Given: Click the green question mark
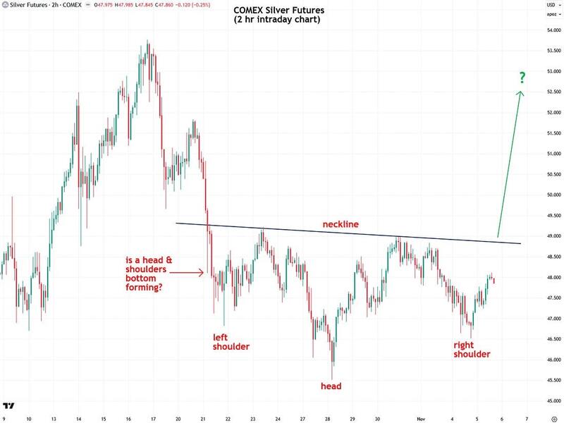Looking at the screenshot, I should [522, 77].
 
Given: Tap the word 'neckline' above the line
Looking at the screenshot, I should [341, 224].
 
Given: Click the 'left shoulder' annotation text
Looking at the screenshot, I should [231, 342].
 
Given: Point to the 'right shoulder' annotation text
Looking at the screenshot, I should [472, 350].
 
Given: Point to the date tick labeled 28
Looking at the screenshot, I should [329, 417].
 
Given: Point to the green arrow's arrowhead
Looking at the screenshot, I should [521, 94].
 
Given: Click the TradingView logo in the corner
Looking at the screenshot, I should [10, 406].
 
